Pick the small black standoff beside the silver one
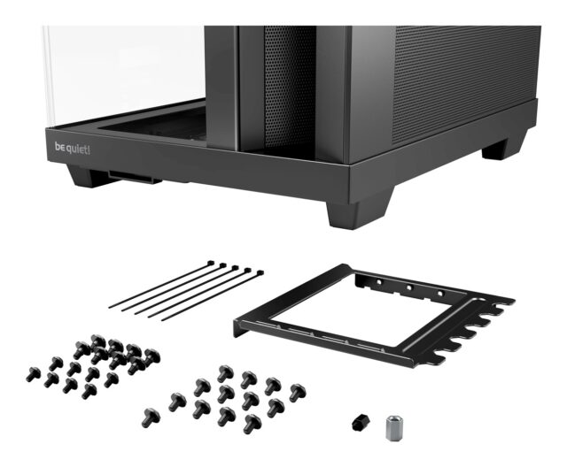(361, 421)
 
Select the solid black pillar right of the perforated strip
(332, 88)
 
